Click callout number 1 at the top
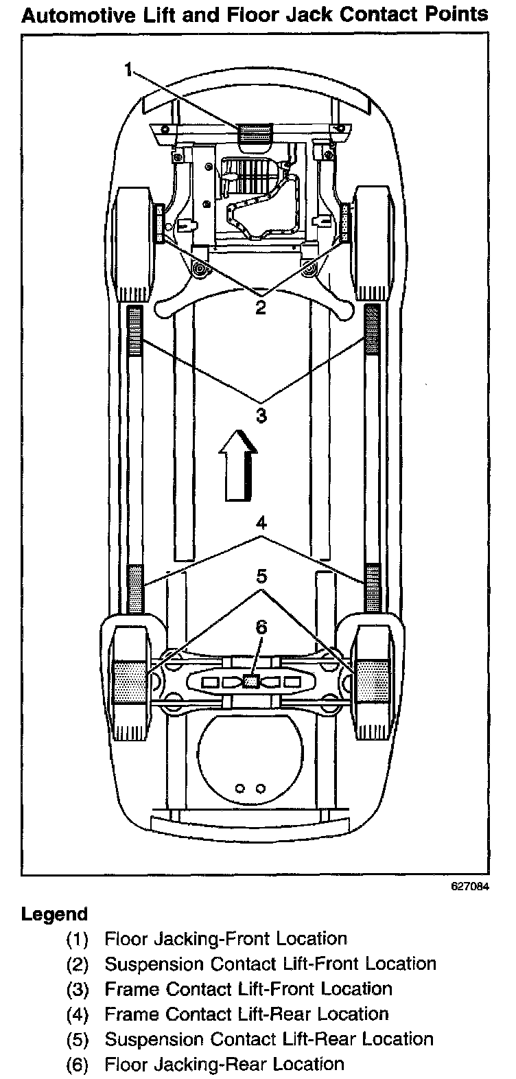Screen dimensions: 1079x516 (130, 67)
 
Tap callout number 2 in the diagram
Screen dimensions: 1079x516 (260, 307)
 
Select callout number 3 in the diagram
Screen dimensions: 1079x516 (260, 415)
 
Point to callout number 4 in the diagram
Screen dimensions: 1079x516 (260, 524)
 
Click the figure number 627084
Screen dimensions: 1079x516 (470, 885)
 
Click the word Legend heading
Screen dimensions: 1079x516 (55, 914)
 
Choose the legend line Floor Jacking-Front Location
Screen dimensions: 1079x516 (226, 938)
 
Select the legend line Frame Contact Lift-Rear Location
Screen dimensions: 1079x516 (246, 1014)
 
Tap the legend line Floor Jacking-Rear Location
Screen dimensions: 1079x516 (224, 1064)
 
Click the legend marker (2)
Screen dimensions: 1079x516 (78, 964)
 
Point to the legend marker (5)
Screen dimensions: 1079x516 (78, 1039)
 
